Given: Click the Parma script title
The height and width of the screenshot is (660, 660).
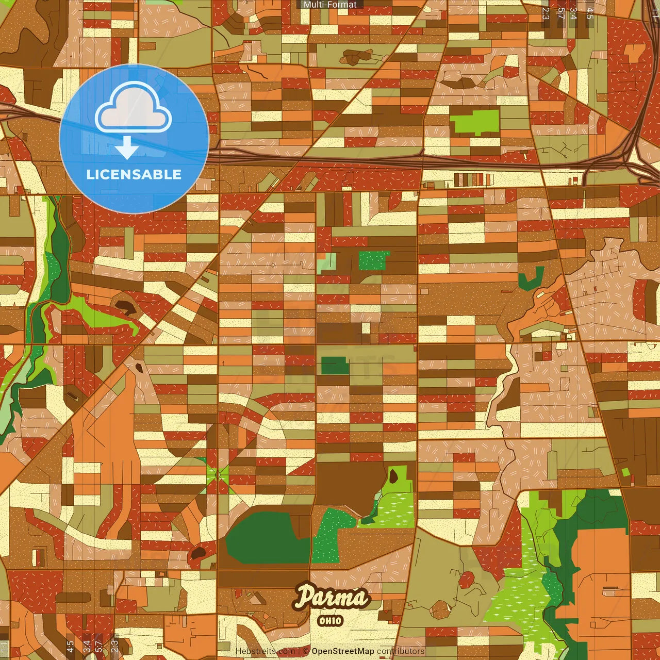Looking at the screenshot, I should click(x=332, y=598).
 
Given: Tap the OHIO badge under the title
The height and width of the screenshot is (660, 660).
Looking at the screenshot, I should click(x=331, y=620).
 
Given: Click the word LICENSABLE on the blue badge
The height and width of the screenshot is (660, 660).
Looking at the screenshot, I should click(x=134, y=174).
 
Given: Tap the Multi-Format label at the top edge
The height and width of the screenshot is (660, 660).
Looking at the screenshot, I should click(x=330, y=5).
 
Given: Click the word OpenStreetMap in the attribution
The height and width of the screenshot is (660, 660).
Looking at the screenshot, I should click(x=342, y=651).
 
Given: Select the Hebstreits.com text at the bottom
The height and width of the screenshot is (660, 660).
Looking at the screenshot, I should click(x=266, y=651).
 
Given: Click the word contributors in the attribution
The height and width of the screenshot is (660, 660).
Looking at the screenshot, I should click(x=401, y=651).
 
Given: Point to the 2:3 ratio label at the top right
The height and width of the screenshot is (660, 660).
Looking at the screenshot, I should click(x=546, y=13).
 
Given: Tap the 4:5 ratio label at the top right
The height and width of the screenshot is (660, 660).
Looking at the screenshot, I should click(x=590, y=13).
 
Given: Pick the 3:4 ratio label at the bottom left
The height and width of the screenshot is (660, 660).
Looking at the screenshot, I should click(x=87, y=646).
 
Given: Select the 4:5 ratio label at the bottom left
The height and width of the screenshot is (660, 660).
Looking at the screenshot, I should click(x=70, y=646).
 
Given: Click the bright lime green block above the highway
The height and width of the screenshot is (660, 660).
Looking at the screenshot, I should click(x=475, y=122).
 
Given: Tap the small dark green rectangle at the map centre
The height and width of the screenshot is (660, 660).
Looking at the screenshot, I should click(x=335, y=365).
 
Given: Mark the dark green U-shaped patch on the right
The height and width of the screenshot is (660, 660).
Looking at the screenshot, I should click(x=531, y=279).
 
